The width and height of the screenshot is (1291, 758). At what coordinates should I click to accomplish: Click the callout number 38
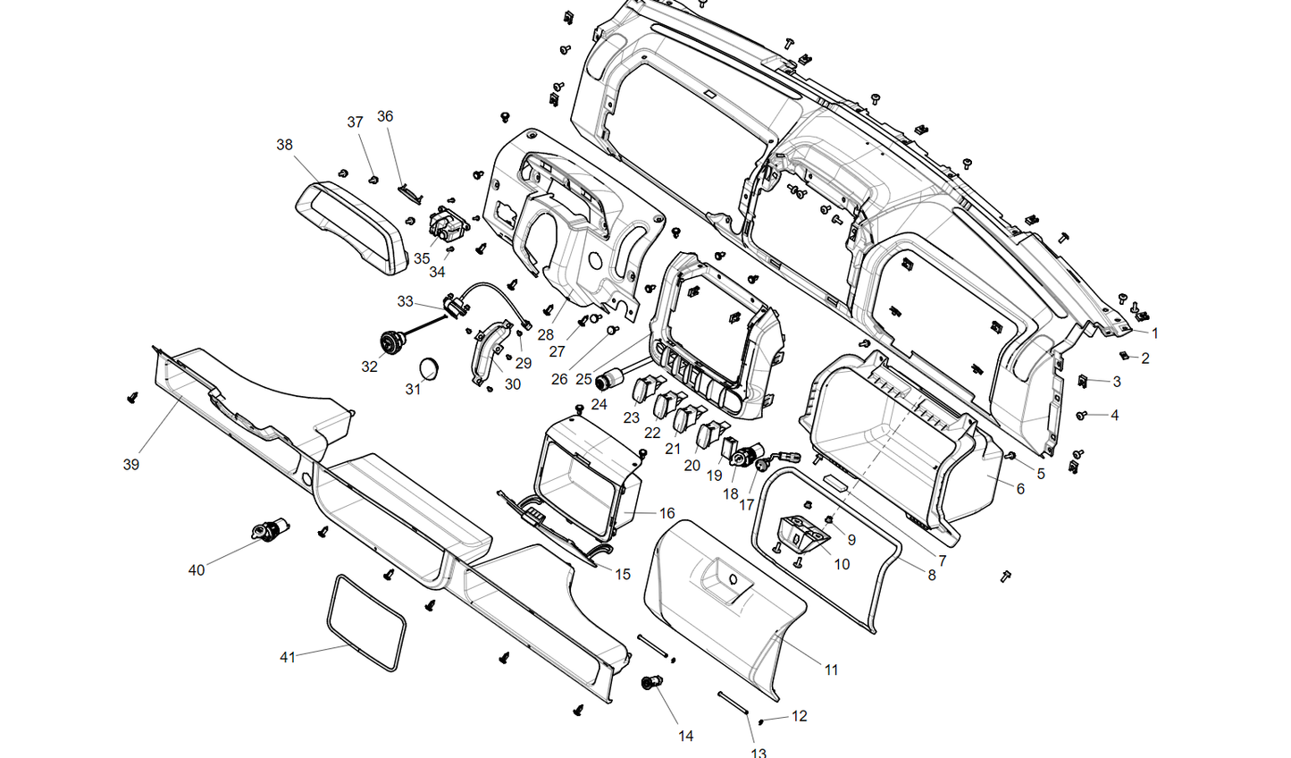click(x=284, y=145)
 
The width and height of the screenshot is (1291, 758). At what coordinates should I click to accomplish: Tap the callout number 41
click(x=288, y=658)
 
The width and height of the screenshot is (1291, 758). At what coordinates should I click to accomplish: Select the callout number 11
click(x=831, y=670)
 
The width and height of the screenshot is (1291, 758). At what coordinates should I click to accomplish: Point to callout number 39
click(x=131, y=465)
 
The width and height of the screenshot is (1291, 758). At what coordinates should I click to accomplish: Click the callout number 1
click(x=1154, y=333)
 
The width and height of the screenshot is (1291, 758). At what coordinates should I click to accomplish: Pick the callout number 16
click(x=666, y=514)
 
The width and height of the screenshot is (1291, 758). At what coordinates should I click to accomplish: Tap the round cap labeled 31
click(x=432, y=367)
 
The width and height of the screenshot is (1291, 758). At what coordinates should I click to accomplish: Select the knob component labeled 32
click(x=391, y=341)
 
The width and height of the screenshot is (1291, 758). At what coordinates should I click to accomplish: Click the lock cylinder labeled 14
click(x=650, y=684)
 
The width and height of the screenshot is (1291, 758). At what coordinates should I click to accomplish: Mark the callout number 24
click(x=599, y=405)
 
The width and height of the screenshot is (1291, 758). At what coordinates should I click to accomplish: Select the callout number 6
click(x=1020, y=489)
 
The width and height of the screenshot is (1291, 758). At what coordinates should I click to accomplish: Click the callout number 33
click(x=405, y=302)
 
